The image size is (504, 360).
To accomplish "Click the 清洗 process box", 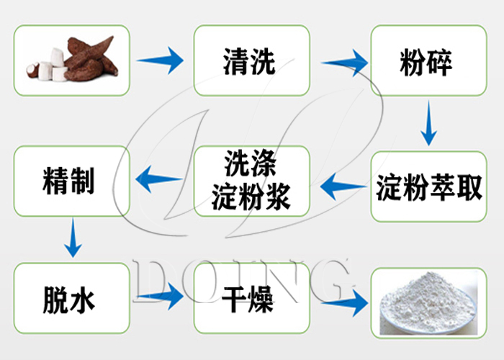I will [x=251, y=61].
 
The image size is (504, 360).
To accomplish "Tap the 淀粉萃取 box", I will [x=428, y=186].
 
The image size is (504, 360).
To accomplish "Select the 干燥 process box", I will [x=251, y=297].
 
